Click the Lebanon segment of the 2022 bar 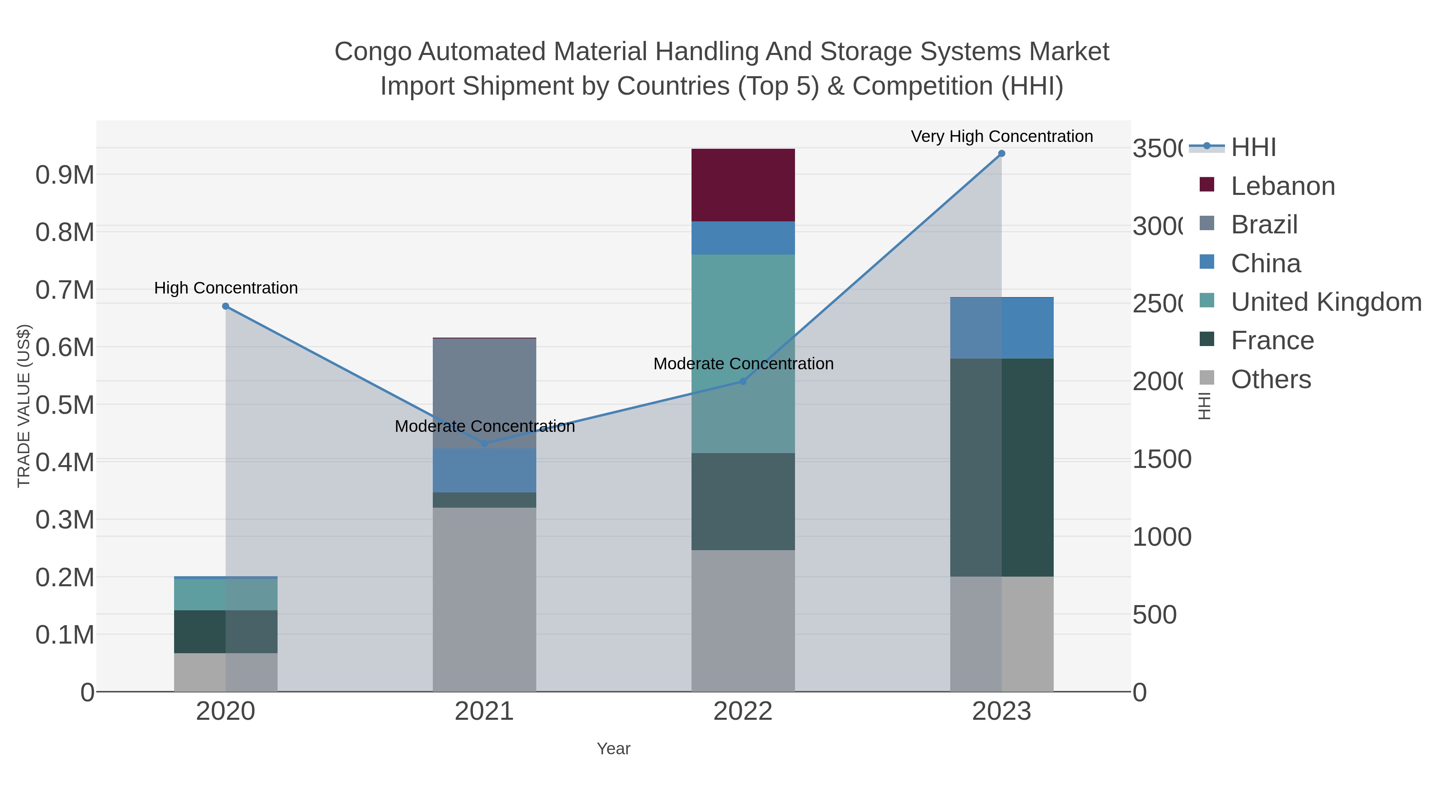[x=743, y=185]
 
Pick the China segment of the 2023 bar [x=1002, y=328]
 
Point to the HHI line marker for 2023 [x=1002, y=154]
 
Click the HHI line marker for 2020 [x=225, y=306]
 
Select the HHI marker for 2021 [x=484, y=443]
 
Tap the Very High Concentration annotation [x=1002, y=136]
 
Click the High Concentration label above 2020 [x=226, y=288]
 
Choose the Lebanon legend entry [x=1283, y=186]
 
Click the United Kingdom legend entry [x=1326, y=302]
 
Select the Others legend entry [x=1270, y=379]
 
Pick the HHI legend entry [x=1253, y=148]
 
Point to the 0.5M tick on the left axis [x=65, y=405]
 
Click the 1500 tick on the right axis [x=1162, y=460]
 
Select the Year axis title [x=613, y=749]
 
